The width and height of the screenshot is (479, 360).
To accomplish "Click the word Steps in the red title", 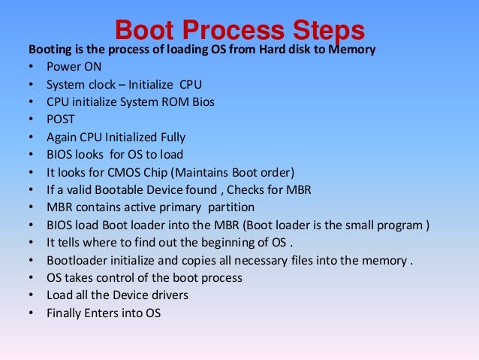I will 323,30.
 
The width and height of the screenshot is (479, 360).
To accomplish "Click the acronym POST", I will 62,119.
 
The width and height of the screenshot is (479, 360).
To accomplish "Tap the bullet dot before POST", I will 31,119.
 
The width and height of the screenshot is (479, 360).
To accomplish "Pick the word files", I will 303,259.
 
